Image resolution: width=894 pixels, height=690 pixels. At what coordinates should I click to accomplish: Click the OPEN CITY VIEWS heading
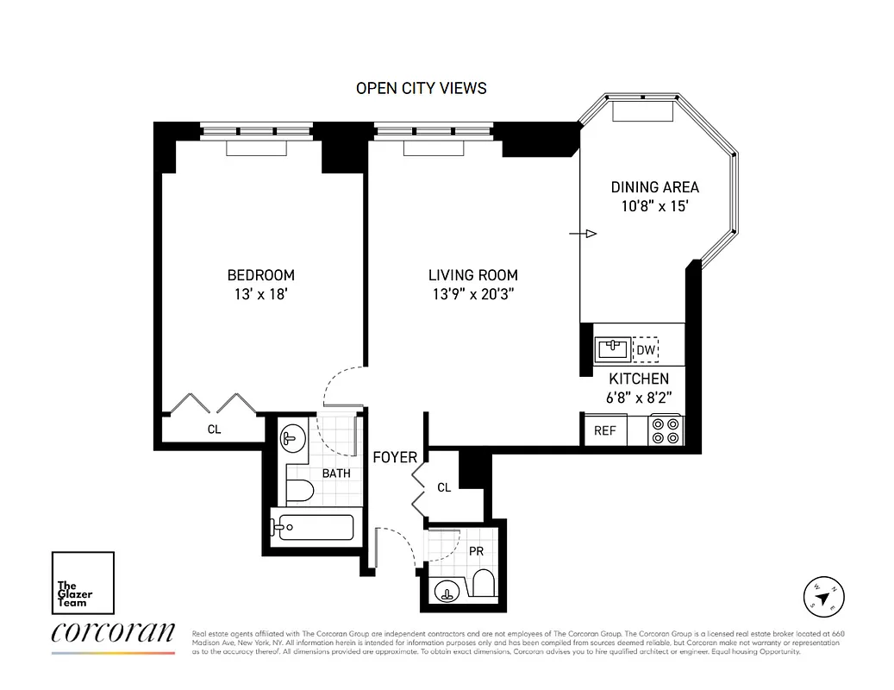click(x=421, y=88)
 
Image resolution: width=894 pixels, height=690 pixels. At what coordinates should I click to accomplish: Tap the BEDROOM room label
click(x=260, y=275)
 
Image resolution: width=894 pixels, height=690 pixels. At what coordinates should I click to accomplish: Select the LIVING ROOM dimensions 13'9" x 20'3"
click(x=473, y=294)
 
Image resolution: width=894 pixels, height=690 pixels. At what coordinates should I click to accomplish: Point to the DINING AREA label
click(x=654, y=187)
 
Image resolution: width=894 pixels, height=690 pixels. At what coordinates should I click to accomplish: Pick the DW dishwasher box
click(x=646, y=349)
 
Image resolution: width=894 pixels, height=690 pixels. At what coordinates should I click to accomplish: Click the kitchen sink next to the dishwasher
click(x=613, y=349)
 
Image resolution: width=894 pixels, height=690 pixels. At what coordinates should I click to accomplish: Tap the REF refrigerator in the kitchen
click(x=605, y=430)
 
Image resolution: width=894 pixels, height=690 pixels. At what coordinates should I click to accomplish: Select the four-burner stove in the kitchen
click(x=666, y=430)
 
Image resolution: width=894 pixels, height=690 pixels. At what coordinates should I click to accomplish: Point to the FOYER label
click(x=395, y=457)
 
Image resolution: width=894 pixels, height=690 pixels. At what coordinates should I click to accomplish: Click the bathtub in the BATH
click(x=312, y=527)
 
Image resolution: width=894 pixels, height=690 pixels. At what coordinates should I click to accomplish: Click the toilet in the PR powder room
click(x=484, y=584)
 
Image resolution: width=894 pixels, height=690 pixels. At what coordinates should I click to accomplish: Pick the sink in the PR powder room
click(x=447, y=591)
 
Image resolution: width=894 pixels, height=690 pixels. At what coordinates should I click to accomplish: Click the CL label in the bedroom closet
click(x=214, y=429)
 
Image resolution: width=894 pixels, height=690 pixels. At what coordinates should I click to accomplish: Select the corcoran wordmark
click(x=113, y=633)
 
